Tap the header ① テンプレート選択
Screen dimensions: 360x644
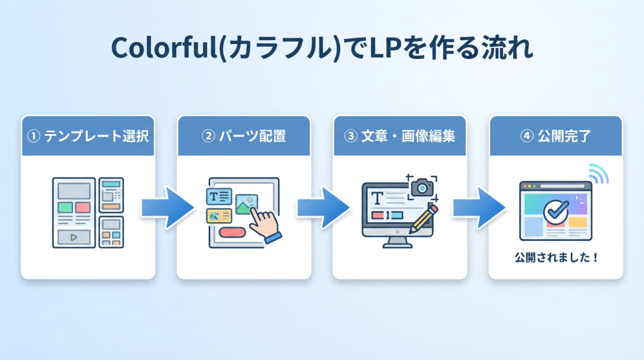click(88, 135)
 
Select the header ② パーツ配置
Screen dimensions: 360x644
click(244, 135)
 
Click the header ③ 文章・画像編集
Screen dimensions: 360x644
click(400, 135)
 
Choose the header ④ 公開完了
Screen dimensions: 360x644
click(556, 135)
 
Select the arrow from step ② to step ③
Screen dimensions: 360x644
click(322, 208)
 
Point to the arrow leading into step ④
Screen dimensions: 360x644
click(478, 208)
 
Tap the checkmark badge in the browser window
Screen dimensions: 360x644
click(555, 211)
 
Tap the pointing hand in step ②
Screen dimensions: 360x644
click(264, 223)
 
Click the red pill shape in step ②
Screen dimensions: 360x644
click(232, 232)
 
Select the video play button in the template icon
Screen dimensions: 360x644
click(74, 237)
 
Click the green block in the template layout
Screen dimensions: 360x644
click(65, 207)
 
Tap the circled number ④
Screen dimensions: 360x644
click(527, 135)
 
